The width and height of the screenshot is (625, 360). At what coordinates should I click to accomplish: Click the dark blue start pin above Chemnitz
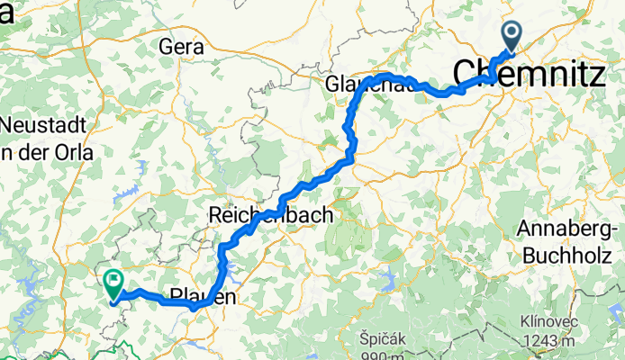tap(512, 37)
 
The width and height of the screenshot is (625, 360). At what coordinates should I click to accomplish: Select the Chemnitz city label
tap(528, 74)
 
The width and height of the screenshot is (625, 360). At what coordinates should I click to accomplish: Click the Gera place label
tap(179, 45)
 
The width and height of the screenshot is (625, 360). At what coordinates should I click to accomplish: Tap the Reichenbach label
tap(270, 216)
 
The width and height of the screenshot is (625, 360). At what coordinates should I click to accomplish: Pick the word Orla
tap(72, 153)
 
